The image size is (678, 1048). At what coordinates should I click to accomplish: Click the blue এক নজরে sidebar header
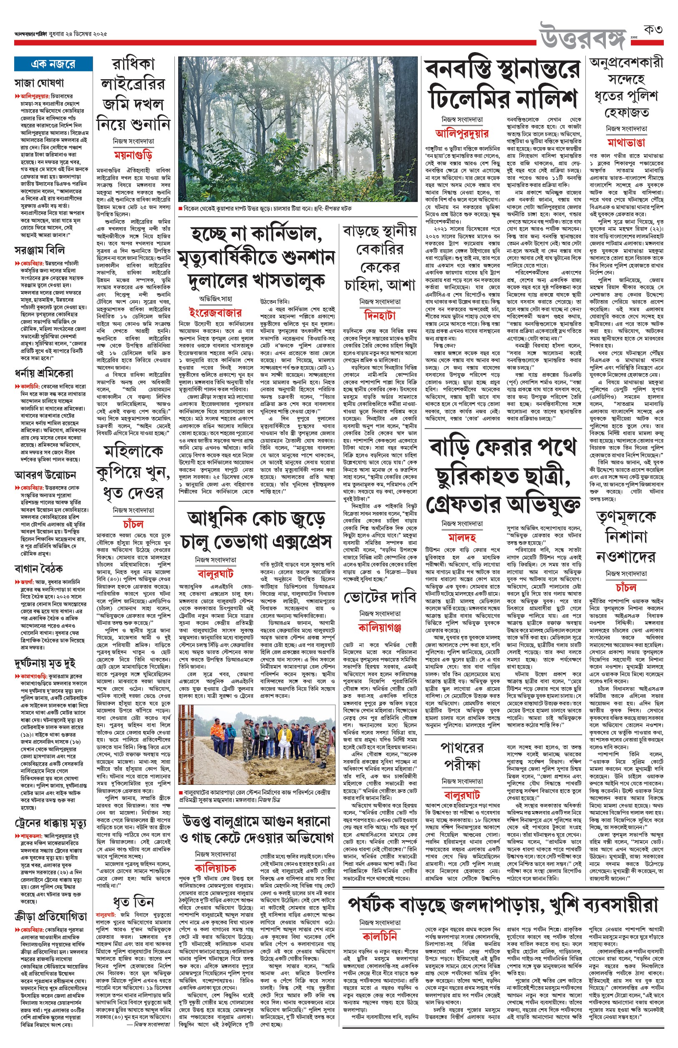53,64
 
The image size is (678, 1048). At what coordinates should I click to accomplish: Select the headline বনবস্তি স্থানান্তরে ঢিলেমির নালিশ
502,84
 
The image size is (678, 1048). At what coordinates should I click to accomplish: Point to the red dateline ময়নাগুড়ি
133,155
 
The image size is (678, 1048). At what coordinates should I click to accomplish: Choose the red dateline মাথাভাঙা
626,143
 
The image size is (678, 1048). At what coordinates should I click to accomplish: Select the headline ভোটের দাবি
380,597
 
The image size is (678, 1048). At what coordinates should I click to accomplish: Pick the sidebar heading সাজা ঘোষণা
40,82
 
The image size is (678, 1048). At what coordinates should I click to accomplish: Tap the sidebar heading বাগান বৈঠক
39,569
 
